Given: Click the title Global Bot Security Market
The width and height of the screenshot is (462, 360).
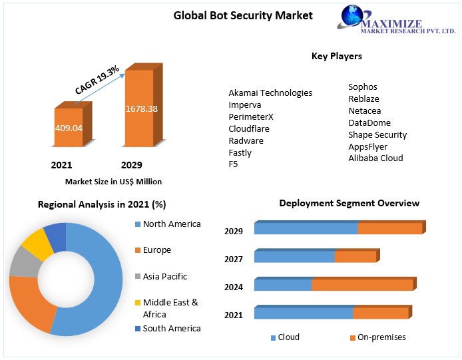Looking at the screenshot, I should click(x=243, y=15).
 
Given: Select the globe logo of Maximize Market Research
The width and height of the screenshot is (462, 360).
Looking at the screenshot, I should click(x=355, y=18).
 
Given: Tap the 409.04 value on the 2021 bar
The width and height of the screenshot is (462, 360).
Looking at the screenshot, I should click(x=68, y=127).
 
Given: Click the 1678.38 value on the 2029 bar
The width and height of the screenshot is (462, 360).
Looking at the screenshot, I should click(x=141, y=108).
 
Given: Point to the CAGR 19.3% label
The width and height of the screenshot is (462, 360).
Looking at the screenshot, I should click(x=97, y=79).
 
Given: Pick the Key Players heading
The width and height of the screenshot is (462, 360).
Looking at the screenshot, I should click(x=337, y=57).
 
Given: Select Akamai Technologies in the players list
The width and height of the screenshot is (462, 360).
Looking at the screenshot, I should click(x=270, y=92).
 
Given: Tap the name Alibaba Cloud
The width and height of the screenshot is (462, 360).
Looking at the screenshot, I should click(x=375, y=158).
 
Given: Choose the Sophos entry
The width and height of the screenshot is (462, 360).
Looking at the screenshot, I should click(x=363, y=87).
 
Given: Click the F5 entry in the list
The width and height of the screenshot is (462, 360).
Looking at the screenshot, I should click(x=233, y=164).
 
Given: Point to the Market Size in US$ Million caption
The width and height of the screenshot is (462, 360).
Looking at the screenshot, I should click(x=113, y=181).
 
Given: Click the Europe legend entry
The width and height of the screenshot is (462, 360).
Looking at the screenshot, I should click(x=156, y=250).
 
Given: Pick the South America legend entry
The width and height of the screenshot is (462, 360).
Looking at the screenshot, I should click(x=171, y=328).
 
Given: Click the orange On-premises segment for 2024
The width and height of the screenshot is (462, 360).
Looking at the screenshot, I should click(x=362, y=285).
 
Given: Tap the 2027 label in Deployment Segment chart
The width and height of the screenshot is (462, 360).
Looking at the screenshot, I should click(x=234, y=260).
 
